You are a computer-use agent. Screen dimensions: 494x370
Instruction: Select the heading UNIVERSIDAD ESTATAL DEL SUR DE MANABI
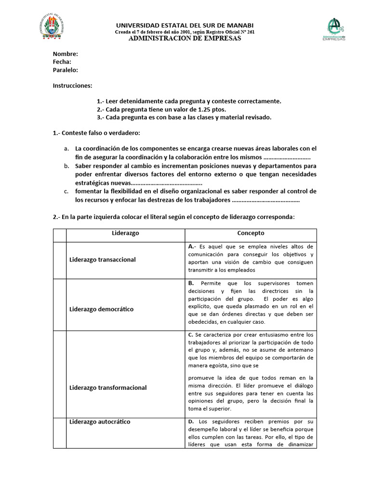coord(185,25)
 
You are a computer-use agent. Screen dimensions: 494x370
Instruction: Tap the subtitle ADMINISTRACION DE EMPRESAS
coord(185,39)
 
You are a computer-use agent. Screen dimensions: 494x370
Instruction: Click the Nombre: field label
coord(65,54)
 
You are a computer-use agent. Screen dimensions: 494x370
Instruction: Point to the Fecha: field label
coord(62,62)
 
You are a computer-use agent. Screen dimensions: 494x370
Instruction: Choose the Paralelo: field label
coord(66,70)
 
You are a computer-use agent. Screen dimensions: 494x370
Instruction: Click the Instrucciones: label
coord(72,85)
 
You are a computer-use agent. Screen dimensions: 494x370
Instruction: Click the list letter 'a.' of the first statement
coord(66,149)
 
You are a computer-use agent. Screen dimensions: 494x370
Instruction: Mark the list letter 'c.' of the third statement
coord(66,192)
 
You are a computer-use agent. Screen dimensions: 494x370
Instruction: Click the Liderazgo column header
coord(125,233)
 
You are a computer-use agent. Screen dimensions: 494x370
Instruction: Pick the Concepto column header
coord(251,233)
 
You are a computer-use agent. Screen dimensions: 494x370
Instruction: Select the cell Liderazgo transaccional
coord(103,260)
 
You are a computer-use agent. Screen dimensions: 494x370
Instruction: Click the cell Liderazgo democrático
coord(102,309)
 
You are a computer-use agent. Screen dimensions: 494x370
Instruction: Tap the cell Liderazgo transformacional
coord(108,387)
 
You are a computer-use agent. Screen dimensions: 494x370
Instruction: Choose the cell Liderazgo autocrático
coord(100,422)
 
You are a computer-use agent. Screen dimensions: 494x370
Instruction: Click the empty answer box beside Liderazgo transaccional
coord(59,260)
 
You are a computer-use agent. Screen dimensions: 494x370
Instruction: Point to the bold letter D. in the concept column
coord(191,422)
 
